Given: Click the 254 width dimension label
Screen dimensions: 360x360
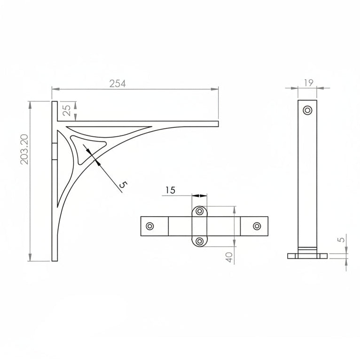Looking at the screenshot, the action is point(117,84).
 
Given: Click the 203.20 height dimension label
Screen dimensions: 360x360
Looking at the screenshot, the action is point(24,149).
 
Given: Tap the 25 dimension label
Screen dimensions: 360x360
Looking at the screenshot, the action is point(66,110).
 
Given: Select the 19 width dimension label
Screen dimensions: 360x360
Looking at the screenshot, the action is point(309,83).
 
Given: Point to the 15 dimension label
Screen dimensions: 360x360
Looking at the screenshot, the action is point(170,190).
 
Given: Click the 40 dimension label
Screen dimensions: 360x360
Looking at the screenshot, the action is point(229,257).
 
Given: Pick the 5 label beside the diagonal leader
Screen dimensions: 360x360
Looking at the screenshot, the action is point(123,185).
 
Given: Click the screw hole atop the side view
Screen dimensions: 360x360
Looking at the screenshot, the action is point(307,110).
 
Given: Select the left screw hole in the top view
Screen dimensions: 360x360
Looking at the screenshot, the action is point(150,226).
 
